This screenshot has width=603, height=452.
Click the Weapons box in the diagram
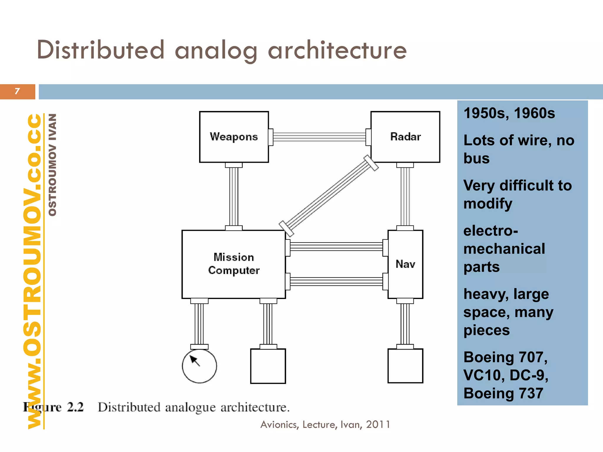pyautogui.click(x=234, y=137)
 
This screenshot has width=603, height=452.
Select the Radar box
pyautogui.click(x=405, y=137)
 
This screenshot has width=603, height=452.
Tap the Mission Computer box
pyautogui.click(x=233, y=264)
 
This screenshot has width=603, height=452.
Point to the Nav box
pyautogui.click(x=405, y=264)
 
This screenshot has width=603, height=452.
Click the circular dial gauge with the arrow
pyautogui.click(x=199, y=366)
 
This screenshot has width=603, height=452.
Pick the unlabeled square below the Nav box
pyautogui.click(x=405, y=366)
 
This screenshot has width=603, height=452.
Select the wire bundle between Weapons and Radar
pyautogui.click(x=319, y=137)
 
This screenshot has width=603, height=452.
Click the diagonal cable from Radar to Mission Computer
pyautogui.click(x=328, y=196)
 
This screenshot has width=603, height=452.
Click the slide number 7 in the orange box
pyautogui.click(x=17, y=92)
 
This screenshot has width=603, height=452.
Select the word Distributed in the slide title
pyautogui.click(x=100, y=50)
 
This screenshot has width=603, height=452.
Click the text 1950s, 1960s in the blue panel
pyautogui.click(x=509, y=113)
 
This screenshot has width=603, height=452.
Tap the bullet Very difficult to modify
pyautogui.click(x=517, y=195)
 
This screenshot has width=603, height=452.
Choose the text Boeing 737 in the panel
pyautogui.click(x=503, y=393)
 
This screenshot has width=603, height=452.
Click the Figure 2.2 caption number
pyautogui.click(x=75, y=407)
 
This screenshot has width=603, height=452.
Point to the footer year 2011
pyautogui.click(x=378, y=425)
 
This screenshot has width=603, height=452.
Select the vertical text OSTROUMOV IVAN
pyautogui.click(x=52, y=165)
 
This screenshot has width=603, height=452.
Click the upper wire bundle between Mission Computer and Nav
pyautogui.click(x=337, y=247)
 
